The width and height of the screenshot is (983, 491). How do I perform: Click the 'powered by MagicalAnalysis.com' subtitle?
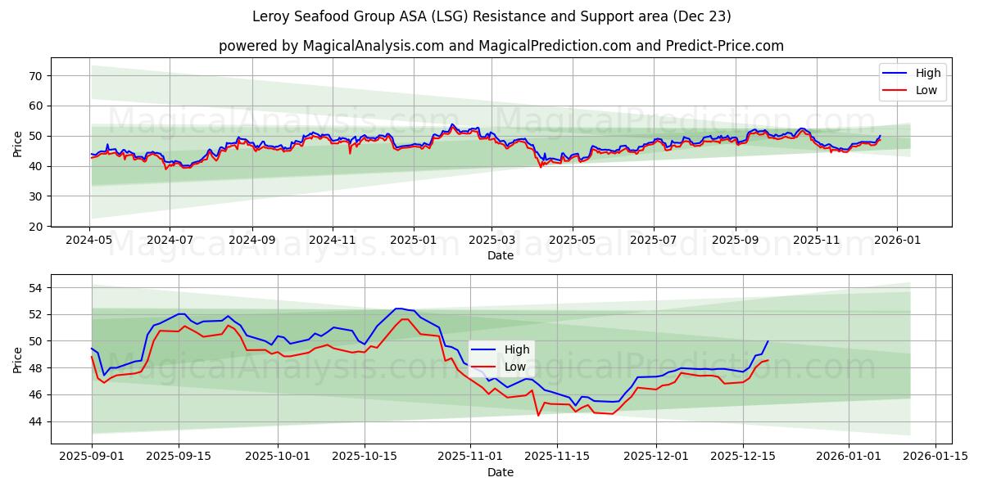coord(501,46)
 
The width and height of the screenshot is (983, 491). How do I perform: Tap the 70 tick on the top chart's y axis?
coord(36,75)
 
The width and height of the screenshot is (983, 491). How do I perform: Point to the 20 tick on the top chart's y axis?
coord(36,227)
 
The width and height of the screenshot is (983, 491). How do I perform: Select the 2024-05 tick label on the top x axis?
coord(89,241)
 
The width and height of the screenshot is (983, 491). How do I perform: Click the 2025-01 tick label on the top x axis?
coord(413,241)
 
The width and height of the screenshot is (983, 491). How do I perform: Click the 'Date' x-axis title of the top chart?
coord(501,255)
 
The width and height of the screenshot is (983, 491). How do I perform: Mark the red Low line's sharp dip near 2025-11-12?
coord(538,415)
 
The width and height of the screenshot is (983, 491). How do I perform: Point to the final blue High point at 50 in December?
coord(768,341)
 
